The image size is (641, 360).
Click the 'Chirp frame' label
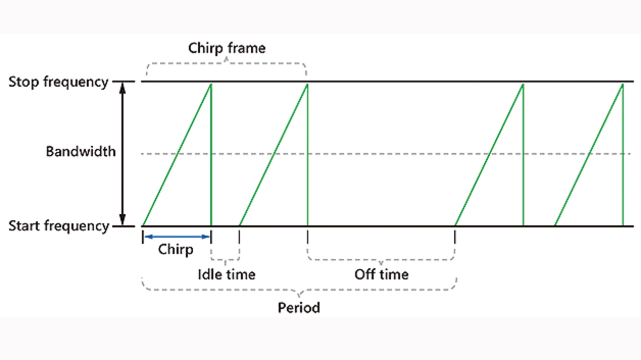pyautogui.click(x=226, y=48)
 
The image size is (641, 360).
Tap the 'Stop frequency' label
pyautogui.click(x=58, y=82)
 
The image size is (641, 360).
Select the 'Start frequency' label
pyautogui.click(x=59, y=226)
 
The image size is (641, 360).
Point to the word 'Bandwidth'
pyautogui.click(x=81, y=151)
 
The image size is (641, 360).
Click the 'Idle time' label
pyautogui.click(x=226, y=274)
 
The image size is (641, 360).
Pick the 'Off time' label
pyautogui.click(x=381, y=274)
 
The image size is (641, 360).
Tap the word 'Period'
pyautogui.click(x=299, y=307)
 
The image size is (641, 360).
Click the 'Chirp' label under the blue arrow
pyautogui.click(x=176, y=249)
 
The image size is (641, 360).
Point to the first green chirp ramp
pyautogui.click(x=177, y=154)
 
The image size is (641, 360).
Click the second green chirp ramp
pyautogui.click(x=273, y=154)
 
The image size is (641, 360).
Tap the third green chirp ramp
pyautogui.click(x=489, y=154)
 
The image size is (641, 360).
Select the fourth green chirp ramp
pyautogui.click(x=589, y=154)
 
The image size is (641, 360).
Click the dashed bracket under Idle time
pyautogui.click(x=225, y=259)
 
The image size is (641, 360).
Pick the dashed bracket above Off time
pyautogui.click(x=381, y=260)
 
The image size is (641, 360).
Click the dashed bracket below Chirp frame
pyautogui.click(x=226, y=64)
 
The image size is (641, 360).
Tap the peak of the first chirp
pyautogui.click(x=211, y=84)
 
